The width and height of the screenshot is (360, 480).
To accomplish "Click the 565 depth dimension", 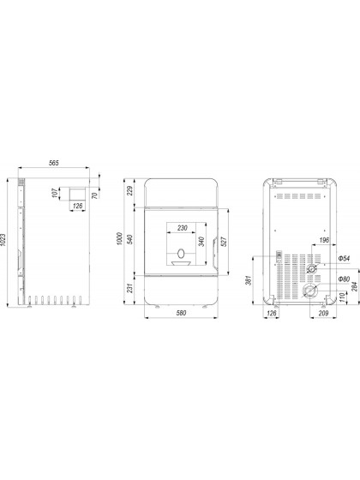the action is (x=53, y=163).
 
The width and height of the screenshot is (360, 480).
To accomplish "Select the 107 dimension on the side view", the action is (x=55, y=193).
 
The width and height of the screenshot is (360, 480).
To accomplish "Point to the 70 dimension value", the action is (x=95, y=195).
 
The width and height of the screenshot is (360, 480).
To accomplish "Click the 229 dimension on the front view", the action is (x=130, y=191).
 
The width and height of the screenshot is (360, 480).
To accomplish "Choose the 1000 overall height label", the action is (x=120, y=239).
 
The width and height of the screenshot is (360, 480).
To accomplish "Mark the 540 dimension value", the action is (x=129, y=239).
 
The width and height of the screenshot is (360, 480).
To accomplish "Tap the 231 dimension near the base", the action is (x=130, y=288).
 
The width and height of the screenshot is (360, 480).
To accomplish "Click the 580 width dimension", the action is (x=181, y=313).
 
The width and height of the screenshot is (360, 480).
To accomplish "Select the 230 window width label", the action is (x=183, y=228).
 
